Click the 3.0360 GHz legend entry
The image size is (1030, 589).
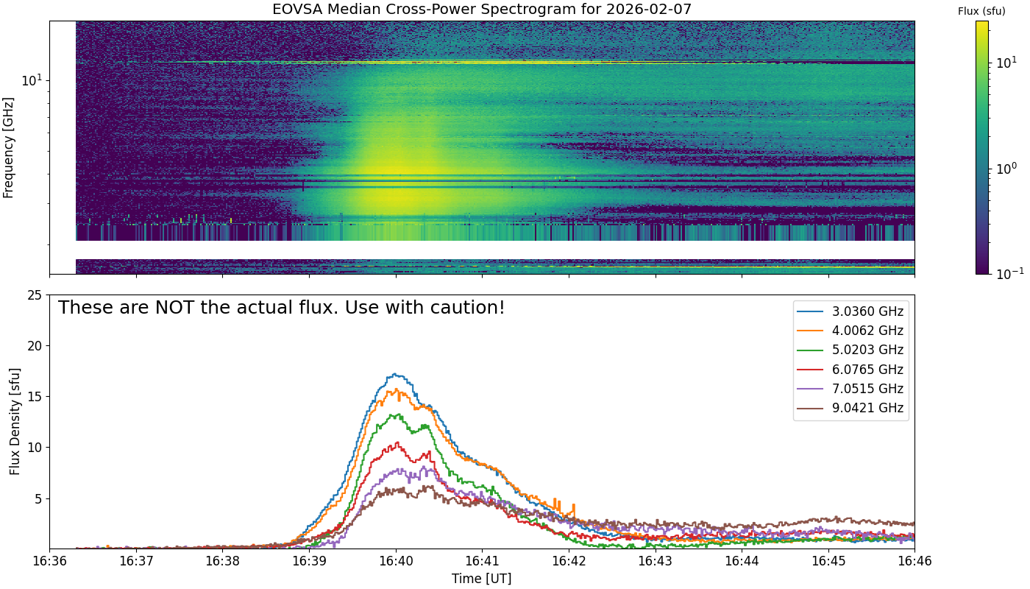(850, 311)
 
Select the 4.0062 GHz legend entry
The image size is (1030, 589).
(850, 331)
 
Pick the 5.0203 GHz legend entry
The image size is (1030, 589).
(850, 350)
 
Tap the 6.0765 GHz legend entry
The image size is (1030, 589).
(850, 370)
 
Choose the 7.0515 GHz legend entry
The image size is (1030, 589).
(850, 389)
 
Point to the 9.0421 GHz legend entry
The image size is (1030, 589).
(850, 408)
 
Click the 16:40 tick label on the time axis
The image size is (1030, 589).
(396, 561)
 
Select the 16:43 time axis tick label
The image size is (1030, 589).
(656, 561)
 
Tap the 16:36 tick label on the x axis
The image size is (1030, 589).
(50, 561)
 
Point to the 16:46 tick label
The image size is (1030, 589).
(914, 561)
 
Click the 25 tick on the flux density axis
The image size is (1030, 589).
(35, 295)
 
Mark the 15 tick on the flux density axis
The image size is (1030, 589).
(35, 397)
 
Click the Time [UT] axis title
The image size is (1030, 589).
(481, 579)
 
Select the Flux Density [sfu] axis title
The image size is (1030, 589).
(15, 421)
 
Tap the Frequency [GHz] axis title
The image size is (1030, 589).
(8, 148)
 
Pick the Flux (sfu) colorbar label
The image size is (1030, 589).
(981, 12)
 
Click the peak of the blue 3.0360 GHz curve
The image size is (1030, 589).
(394, 374)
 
